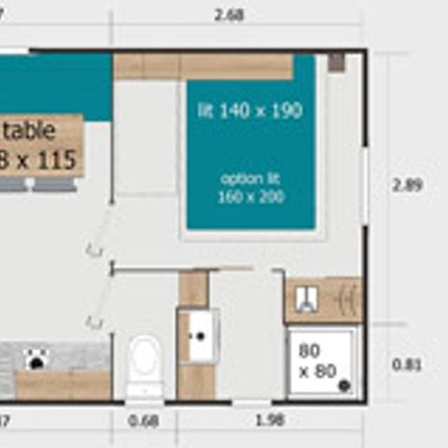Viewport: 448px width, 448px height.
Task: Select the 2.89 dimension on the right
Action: point(407,185)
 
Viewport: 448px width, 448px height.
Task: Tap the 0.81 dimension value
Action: point(407,365)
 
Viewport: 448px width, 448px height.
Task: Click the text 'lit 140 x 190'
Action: point(249,111)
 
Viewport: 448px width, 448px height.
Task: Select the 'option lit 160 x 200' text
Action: point(251,188)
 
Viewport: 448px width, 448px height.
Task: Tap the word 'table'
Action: point(35,132)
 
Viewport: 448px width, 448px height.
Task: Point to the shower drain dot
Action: point(343,384)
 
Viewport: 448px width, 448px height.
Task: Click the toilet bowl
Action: point(145,359)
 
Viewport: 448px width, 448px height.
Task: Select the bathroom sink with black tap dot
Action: point(198,335)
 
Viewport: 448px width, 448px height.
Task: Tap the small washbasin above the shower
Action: point(306,299)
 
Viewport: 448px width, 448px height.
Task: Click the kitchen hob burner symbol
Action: point(38,357)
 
